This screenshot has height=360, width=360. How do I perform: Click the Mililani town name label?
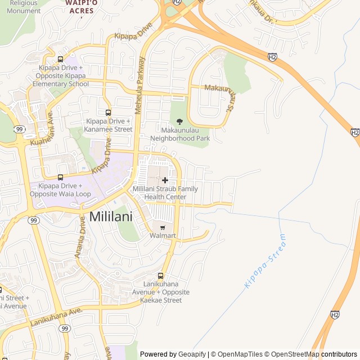(111, 217)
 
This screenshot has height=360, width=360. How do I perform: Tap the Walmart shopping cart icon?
(163, 228)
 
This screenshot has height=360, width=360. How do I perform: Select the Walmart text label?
(163, 236)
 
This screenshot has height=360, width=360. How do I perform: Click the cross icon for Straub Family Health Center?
(165, 180)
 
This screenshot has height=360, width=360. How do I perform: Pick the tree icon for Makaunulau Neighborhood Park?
(179, 121)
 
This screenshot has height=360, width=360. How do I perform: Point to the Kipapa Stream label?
(265, 262)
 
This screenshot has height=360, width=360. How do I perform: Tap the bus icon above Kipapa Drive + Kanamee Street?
(108, 112)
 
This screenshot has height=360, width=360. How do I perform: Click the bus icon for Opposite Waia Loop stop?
(60, 177)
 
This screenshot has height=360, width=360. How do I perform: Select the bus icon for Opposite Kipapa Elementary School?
(60, 59)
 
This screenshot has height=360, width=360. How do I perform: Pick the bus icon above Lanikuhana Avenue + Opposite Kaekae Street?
(161, 276)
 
